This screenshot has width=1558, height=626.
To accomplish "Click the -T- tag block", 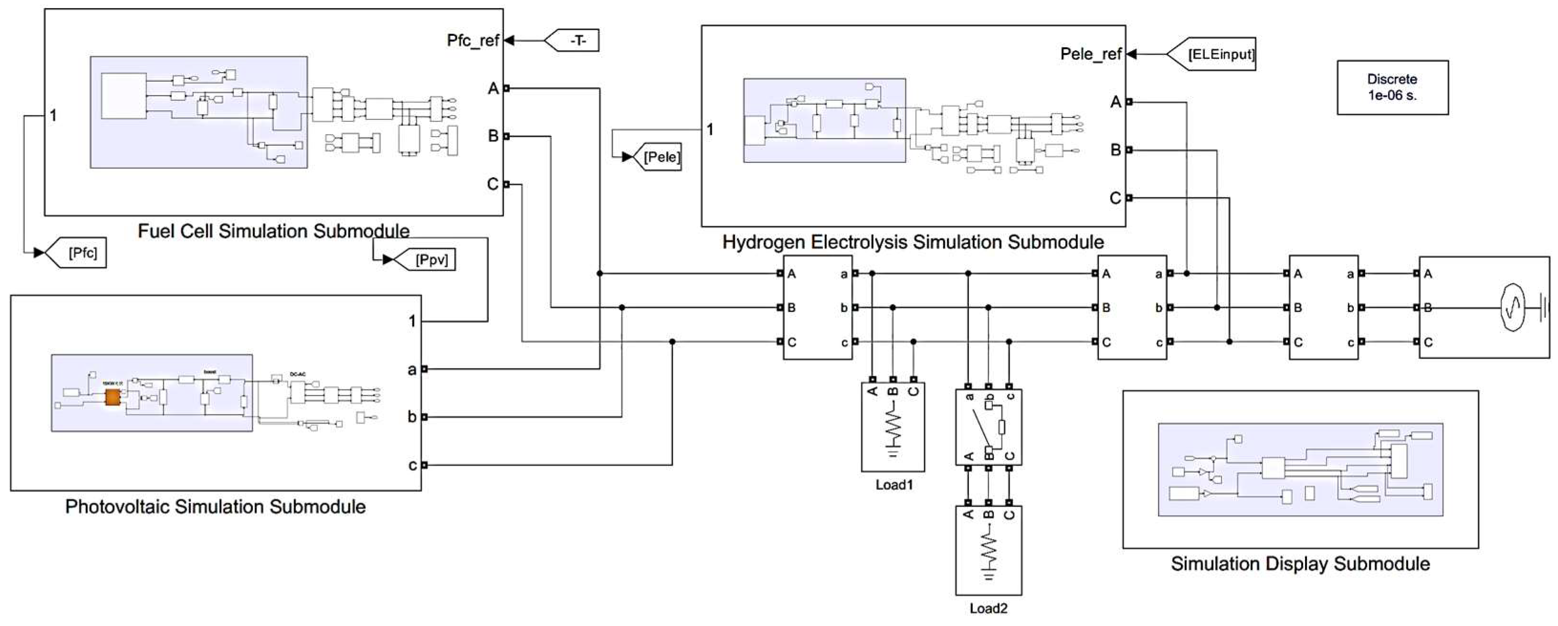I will (x=573, y=41).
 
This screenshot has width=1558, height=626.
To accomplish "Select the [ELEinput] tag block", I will (x=1214, y=54).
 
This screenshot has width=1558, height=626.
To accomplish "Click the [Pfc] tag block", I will (x=79, y=253).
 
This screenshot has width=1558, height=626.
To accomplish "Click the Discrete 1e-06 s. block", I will (x=1392, y=87).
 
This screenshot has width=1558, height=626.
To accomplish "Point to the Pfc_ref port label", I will (x=473, y=41).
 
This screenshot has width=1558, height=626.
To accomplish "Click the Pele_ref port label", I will (x=1091, y=54).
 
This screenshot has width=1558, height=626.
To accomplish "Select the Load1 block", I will (x=893, y=426).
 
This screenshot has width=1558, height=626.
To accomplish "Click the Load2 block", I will (x=988, y=551).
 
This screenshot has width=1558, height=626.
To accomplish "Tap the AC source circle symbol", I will (x=1519, y=308).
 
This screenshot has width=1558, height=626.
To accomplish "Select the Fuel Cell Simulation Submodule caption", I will (x=274, y=231).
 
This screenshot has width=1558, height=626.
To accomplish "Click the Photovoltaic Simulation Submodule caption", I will (x=215, y=506).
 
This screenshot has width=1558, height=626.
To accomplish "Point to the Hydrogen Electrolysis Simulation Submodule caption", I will (x=913, y=243).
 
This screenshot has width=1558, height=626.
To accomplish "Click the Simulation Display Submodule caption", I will (x=1300, y=564).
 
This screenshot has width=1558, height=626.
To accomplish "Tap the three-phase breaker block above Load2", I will (x=988, y=427).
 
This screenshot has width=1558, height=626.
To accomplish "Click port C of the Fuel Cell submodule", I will (x=506, y=184).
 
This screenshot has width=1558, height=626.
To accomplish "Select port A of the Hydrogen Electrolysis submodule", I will (x=1128, y=102).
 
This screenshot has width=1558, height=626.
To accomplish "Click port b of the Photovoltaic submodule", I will (x=424, y=417).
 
